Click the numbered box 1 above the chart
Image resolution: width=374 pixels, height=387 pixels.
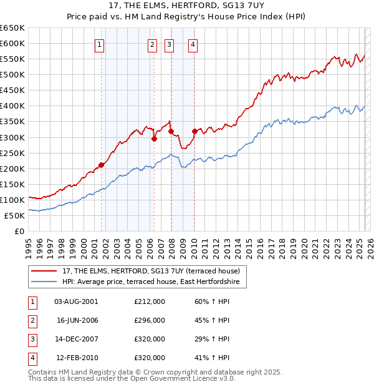point(100,44)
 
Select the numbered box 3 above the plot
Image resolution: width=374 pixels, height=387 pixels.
point(169,44)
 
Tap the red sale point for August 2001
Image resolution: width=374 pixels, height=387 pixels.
point(101,165)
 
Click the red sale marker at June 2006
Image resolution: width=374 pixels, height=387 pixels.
point(154,139)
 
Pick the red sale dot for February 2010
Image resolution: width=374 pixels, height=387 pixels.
point(194,131)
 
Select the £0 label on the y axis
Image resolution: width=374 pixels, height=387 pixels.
point(20,231)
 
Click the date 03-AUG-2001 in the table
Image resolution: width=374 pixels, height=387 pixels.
point(76,301)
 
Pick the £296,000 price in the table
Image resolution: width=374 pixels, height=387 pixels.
point(150,320)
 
